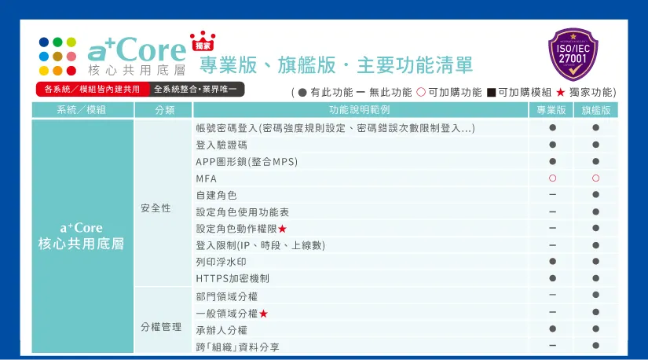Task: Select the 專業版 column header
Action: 551,110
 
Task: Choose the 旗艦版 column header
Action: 595,110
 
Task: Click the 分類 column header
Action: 165,110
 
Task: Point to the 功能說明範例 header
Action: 359,110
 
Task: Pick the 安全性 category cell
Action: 156,208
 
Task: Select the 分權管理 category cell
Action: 161,326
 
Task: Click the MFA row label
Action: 206,179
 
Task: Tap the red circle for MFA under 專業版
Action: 552,178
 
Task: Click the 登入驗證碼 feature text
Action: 221,145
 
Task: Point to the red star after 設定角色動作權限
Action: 282,229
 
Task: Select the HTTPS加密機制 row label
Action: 232,278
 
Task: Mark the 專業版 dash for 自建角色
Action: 552,195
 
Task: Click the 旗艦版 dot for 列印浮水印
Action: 595,262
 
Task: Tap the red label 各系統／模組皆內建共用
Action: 92,90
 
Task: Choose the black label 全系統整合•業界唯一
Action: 198,90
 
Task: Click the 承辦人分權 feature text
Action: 221,330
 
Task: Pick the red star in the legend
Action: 560,92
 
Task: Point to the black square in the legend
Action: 491,92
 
